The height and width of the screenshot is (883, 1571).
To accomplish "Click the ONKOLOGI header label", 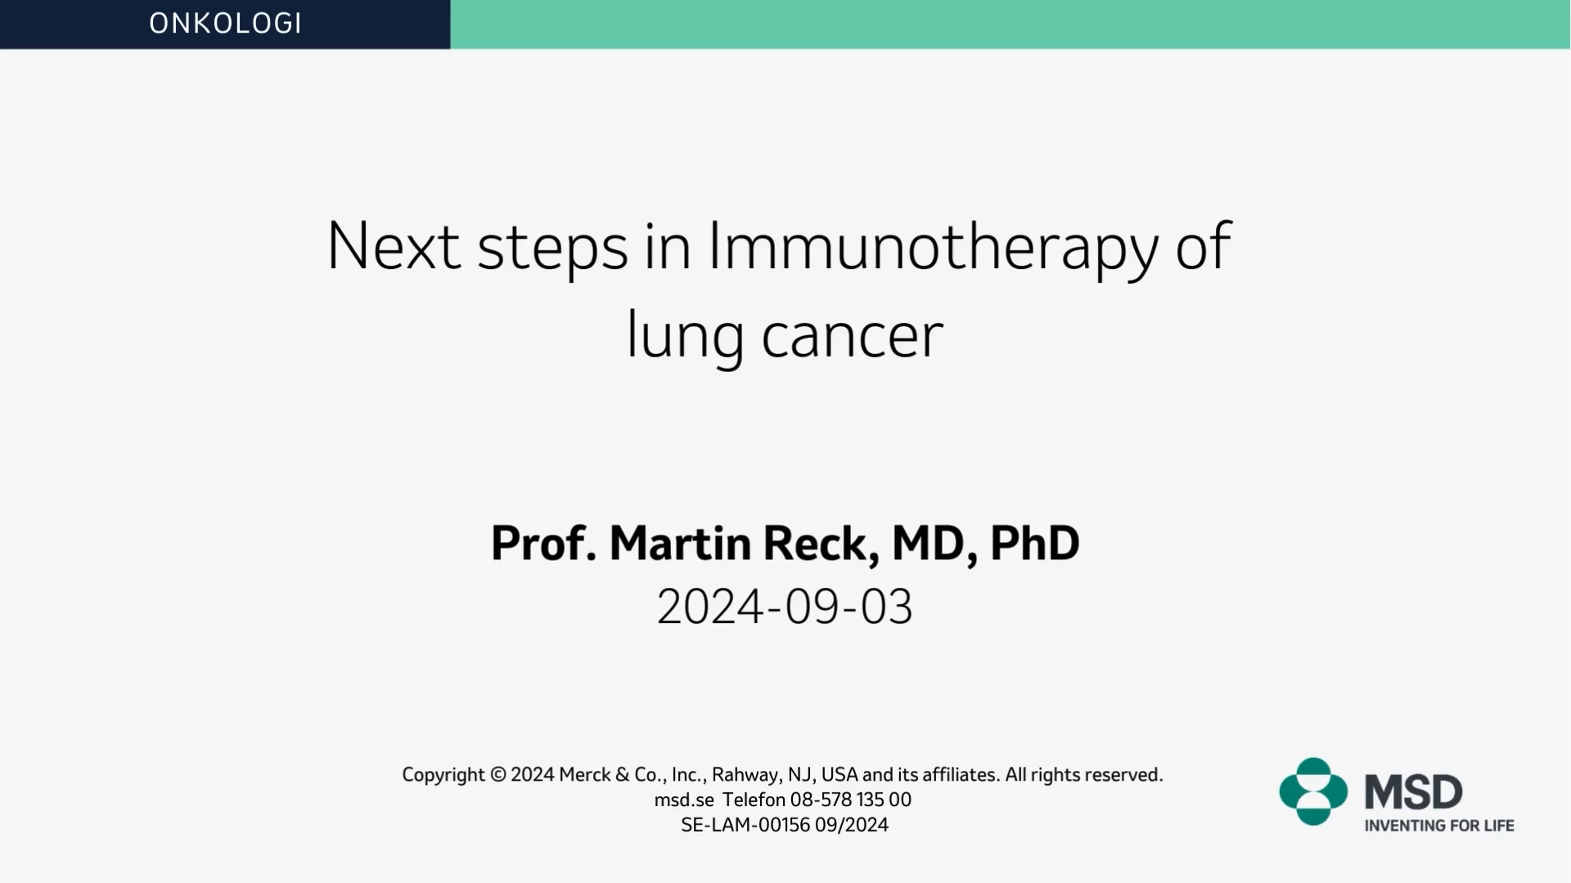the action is coord(225,23).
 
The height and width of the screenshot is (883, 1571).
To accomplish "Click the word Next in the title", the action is coord(393,244).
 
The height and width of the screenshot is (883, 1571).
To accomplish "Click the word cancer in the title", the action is coord(852,337).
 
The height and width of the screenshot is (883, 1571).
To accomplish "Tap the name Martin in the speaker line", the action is coord(680,543).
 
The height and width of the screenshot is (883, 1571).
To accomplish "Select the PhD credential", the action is coord(1034,543).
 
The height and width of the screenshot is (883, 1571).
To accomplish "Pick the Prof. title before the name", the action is coord(543,543).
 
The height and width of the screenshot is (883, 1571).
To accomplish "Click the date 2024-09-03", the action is coord(785,607).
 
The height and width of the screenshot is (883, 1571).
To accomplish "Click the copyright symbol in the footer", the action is coord(498,774).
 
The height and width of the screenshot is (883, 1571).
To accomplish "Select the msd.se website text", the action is coord(684,800).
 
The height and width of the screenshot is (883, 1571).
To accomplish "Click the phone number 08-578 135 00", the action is coord(850,800).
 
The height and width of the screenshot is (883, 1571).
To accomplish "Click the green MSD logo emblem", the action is coord(1313,791).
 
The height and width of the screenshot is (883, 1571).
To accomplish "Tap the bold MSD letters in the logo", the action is coord(1413,792).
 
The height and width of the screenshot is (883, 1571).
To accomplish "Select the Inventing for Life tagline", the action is coord(1439,826).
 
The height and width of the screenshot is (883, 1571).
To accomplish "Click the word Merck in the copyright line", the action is coord(584,774).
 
